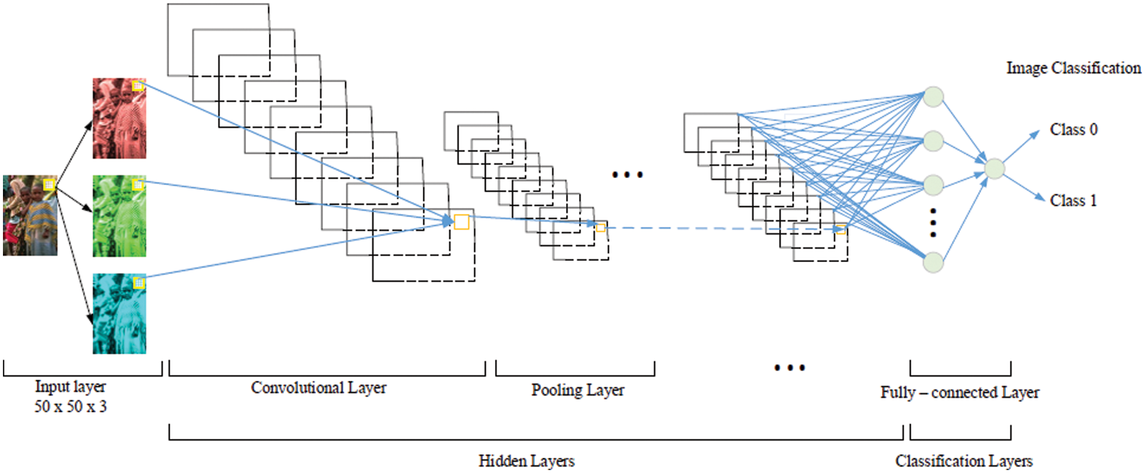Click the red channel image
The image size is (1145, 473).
click(x=119, y=119)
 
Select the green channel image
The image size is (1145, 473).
click(x=119, y=216)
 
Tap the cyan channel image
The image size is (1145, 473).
click(x=119, y=314)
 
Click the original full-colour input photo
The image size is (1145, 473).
click(x=30, y=216)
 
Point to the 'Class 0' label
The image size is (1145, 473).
click(x=1073, y=130)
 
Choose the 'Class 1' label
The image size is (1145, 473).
click(x=1073, y=201)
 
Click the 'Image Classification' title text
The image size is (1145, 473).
click(x=1073, y=68)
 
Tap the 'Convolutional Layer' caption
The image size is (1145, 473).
click(x=318, y=388)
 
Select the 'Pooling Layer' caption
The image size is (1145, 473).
click(x=578, y=390)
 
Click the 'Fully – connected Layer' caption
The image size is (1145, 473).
click(x=959, y=393)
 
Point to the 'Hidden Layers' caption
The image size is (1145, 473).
click(x=526, y=461)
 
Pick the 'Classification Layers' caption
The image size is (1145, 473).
click(x=964, y=461)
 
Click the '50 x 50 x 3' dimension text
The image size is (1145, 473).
click(x=70, y=407)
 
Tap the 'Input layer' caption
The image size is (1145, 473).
click(x=70, y=387)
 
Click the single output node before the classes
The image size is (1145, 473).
click(x=994, y=169)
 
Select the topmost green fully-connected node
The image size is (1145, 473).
click(x=934, y=97)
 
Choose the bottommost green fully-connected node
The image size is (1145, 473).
click(x=934, y=263)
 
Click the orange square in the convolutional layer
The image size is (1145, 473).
click(x=462, y=222)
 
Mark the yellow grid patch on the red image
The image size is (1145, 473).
click(x=138, y=86)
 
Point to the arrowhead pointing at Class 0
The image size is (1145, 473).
click(x=1035, y=135)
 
